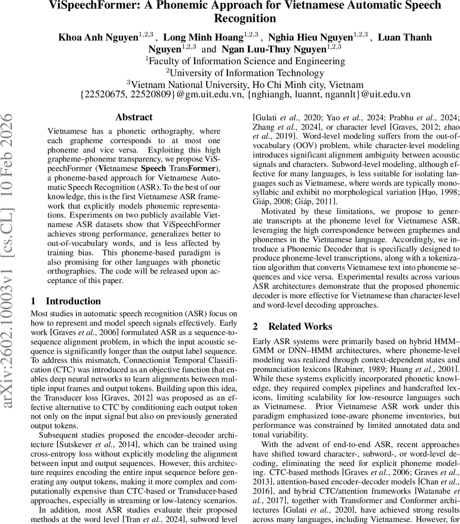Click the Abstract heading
[134, 117]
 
